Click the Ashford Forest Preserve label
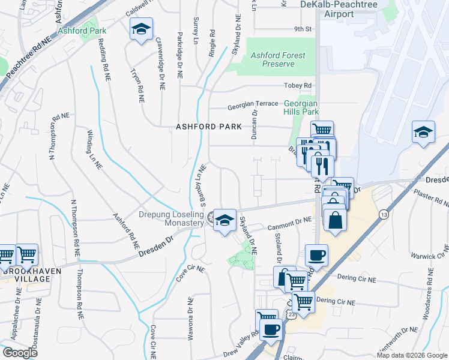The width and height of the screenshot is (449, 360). pyautogui.click(x=278, y=59)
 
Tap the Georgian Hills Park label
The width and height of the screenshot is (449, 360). pyautogui.click(x=301, y=107)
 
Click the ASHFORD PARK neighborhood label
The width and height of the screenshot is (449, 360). pyautogui.click(x=208, y=127)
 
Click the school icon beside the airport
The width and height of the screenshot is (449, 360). pyautogui.click(x=423, y=132)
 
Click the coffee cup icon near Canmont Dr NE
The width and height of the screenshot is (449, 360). pyautogui.click(x=316, y=255)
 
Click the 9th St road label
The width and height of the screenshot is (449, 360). pyautogui.click(x=303, y=28)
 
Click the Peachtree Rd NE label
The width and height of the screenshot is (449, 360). pyautogui.click(x=28, y=58)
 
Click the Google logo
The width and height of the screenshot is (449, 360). pyautogui.click(x=20, y=352)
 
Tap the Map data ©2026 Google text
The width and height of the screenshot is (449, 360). pyautogui.click(x=412, y=355)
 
